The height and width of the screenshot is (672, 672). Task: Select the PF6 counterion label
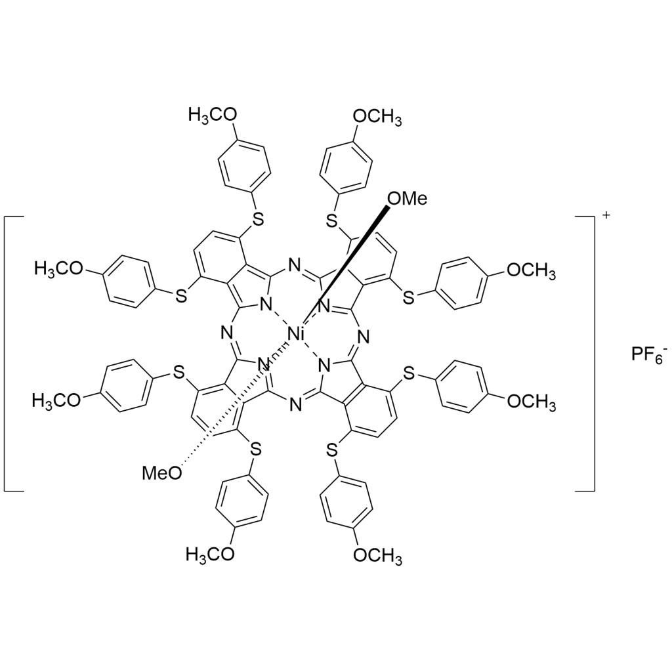pyautogui.click(x=648, y=356)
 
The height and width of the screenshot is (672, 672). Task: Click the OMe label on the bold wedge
pyautogui.click(x=406, y=197)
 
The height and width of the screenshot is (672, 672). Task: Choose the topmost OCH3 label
pyautogui.click(x=377, y=117)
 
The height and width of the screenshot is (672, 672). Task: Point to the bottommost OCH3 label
pyautogui.click(x=377, y=556)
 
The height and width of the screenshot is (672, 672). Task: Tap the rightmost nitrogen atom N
pyautogui.click(x=362, y=337)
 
